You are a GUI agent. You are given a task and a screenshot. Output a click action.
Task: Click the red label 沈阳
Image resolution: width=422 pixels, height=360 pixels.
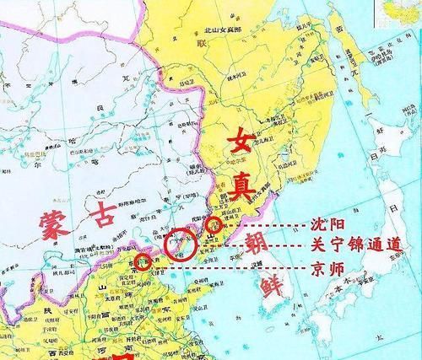(317, 227)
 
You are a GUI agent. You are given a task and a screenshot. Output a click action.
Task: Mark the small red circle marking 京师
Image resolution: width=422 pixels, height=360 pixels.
(144, 261)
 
